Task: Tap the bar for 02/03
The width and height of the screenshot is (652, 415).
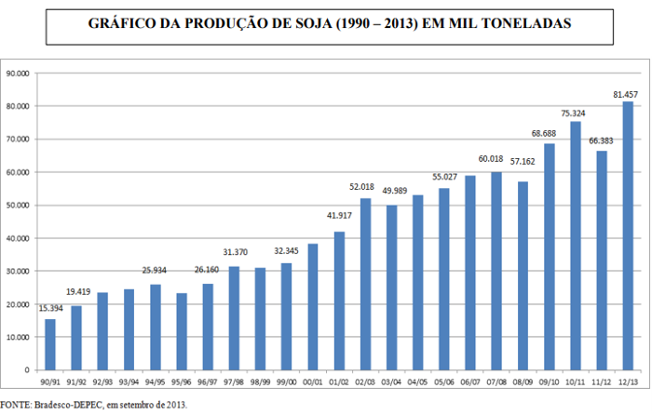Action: click(x=365, y=284)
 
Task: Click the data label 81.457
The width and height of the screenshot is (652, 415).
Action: click(x=625, y=95)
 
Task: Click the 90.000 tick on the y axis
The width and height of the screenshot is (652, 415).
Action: click(x=18, y=73)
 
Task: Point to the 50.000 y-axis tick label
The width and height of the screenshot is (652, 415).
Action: click(x=18, y=205)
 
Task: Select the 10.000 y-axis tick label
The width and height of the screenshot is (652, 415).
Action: click(x=18, y=337)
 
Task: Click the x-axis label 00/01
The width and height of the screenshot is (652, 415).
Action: click(x=313, y=382)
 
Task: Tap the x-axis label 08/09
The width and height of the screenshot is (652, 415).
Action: click(x=523, y=382)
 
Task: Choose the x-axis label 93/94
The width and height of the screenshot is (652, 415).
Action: click(x=129, y=382)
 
